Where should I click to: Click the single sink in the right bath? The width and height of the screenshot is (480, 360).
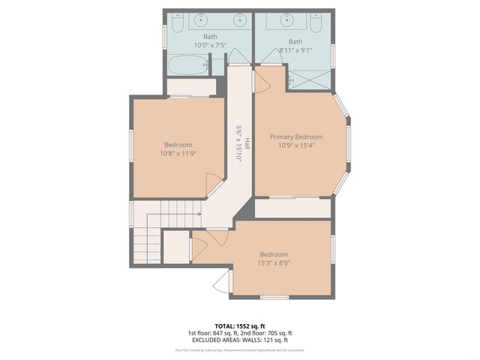[x=288, y=20]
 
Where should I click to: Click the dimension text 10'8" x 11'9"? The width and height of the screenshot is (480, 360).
[x=178, y=154]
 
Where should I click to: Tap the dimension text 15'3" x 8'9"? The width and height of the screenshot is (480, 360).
[x=273, y=263]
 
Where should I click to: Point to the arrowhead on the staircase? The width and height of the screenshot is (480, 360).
[x=199, y=214]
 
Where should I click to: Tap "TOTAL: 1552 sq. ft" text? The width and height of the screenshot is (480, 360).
[x=239, y=325]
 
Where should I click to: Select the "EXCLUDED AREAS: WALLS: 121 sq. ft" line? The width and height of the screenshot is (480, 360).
[x=239, y=340]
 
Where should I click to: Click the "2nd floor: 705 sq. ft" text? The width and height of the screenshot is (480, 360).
[x=266, y=333]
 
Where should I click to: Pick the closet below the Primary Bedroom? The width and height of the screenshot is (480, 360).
[x=292, y=208]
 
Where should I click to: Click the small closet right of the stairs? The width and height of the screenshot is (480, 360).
[x=175, y=247]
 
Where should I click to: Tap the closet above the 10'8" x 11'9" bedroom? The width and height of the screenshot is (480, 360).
[x=187, y=86]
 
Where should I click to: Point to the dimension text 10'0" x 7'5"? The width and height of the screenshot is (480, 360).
[x=210, y=46]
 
